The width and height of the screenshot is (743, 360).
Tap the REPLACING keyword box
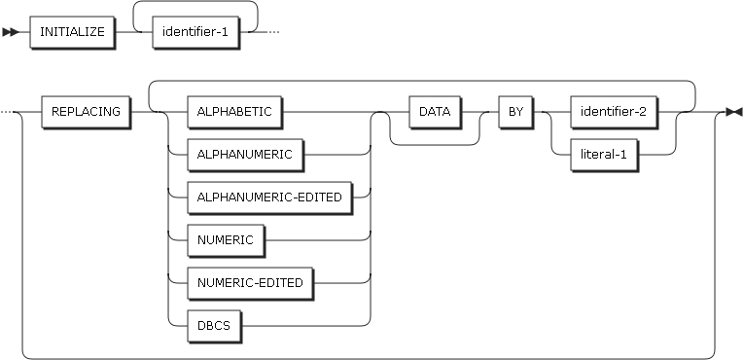click(x=86, y=111)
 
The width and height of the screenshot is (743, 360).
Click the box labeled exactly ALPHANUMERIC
click(x=234, y=153)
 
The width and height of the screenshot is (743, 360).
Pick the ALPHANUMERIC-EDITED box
click(x=263, y=196)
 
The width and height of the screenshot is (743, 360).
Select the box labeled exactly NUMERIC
click(x=225, y=238)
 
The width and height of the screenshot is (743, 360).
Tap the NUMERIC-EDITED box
click(x=250, y=282)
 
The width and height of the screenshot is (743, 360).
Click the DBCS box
click(x=213, y=325)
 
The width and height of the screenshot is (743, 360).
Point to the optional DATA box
click(x=435, y=111)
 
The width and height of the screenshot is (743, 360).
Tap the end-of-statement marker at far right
click(x=734, y=112)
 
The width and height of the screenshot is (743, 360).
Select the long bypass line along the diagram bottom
click(x=370, y=356)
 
